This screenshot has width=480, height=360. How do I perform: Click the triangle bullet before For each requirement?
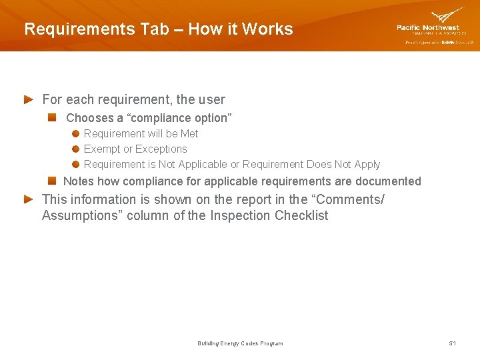pos(29,99)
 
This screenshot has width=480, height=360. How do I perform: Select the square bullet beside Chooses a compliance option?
pos(52,117)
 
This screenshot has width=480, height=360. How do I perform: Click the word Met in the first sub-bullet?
pos(189,133)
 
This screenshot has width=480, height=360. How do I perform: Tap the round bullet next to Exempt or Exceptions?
pos(77,149)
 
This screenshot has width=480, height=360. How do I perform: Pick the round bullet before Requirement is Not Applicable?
pos(77,164)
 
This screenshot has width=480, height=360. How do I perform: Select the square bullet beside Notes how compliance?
pos(52,181)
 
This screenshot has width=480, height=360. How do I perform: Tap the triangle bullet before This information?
pos(29,199)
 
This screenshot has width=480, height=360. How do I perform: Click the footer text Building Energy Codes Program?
pos(240,343)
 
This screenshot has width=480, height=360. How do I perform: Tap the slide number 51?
pos(452,343)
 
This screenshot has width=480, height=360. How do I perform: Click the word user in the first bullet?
pos(211,99)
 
